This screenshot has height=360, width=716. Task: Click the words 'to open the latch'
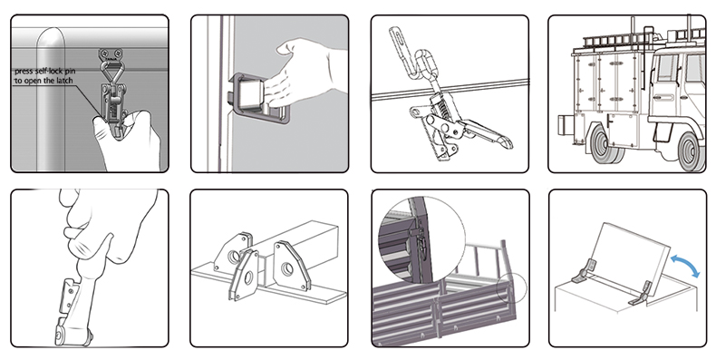coord(44,81)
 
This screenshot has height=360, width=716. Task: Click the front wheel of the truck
coord(691,151)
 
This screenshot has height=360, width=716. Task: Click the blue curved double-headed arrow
coord(686,265)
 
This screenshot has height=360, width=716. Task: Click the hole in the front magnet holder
coord(248,277)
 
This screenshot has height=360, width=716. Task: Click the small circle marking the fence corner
coord(511,287)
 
